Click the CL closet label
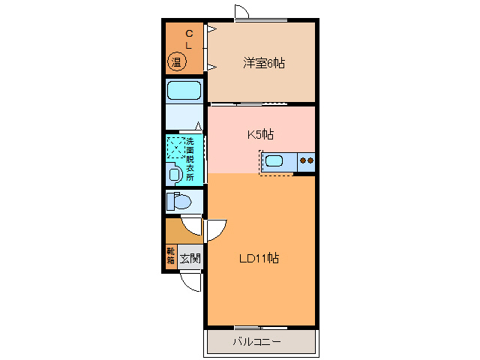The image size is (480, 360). (189, 39)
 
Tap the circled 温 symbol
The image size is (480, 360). (177, 62)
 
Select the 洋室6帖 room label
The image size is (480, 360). (263, 63)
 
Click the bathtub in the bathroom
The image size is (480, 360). (184, 91)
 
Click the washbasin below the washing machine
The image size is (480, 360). (175, 174)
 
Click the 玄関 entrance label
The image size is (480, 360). (190, 259)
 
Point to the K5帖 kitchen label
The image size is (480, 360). (260, 135)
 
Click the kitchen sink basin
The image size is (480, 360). (273, 159)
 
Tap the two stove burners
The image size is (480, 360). (306, 159)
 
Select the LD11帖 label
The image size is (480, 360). (259, 258)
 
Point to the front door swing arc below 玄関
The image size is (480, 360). (190, 283)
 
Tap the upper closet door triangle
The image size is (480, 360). (212, 31)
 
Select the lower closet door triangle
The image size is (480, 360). (212, 67)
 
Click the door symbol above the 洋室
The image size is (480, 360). (241, 12)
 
